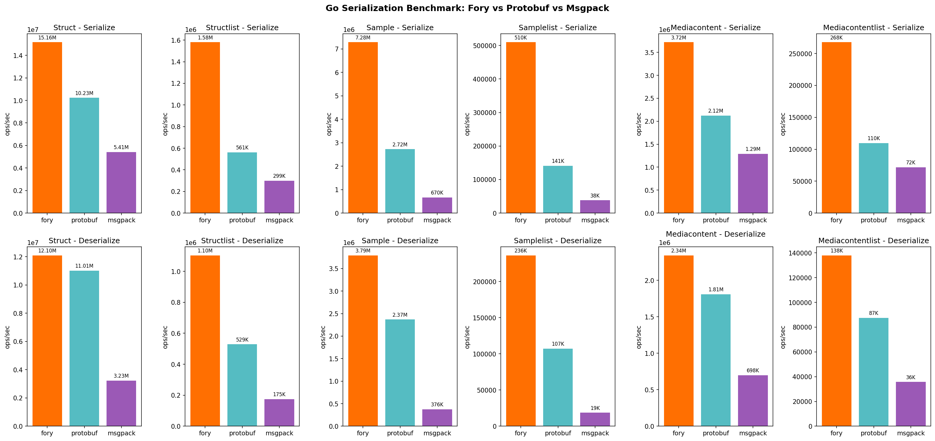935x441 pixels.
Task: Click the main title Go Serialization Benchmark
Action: point(467,8)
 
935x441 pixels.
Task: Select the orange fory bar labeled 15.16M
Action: point(47,127)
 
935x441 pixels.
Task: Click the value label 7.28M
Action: point(363,38)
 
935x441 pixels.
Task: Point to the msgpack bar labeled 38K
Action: point(595,206)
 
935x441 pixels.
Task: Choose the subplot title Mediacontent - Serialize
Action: point(715,27)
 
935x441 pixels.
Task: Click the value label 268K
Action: point(836,38)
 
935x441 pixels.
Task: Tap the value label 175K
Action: point(279,394)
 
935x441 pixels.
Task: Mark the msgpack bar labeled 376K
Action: point(437,417)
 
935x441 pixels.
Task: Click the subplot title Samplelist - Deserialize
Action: point(557,241)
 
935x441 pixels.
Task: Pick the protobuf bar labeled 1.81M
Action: point(715,360)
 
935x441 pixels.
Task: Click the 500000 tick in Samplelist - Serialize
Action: point(485,46)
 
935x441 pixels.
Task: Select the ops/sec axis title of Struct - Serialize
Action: point(7,124)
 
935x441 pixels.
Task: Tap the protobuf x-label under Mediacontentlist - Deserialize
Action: point(873,433)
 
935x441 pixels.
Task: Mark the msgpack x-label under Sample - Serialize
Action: point(437,220)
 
